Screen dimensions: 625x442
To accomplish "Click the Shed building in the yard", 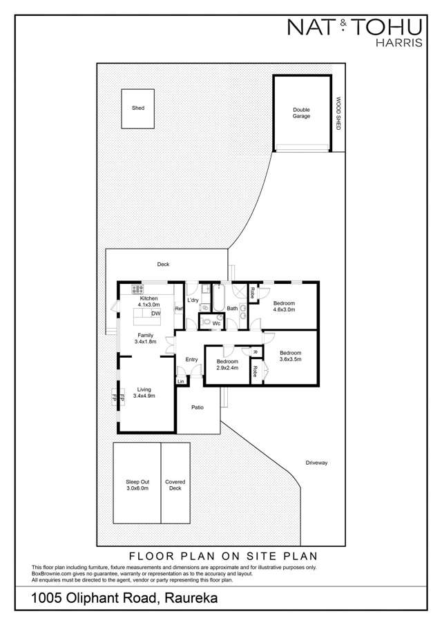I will point(138,108).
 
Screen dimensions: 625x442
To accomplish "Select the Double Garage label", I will point(301,113).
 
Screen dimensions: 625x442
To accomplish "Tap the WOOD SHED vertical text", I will point(338,114).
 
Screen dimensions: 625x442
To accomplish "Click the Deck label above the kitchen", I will point(163,265).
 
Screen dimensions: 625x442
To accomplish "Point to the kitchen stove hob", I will point(138,289).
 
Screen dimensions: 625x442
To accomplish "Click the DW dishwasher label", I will point(156,314).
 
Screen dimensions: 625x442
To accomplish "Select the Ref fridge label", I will point(178,309).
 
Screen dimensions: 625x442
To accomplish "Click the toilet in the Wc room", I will point(206,322).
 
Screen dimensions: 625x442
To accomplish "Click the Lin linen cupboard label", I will point(181,381).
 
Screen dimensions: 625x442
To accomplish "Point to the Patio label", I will point(198,407).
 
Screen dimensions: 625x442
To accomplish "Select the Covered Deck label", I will point(174,485).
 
